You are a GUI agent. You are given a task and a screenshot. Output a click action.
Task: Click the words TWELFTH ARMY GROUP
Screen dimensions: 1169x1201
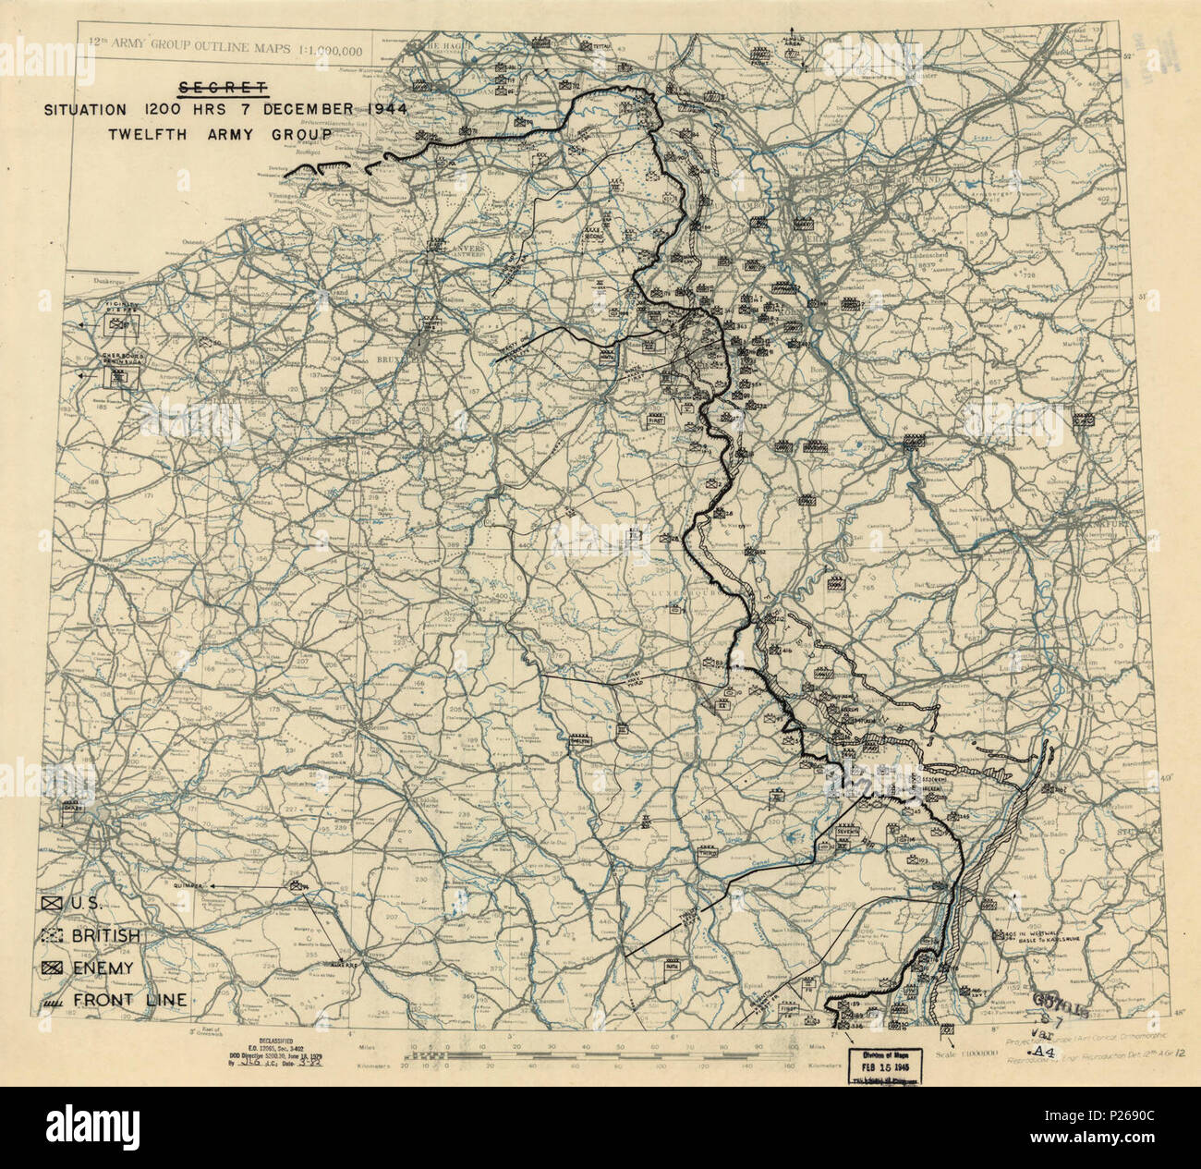point(219,133)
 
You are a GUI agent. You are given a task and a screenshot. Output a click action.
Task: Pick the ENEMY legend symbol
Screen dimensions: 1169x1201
point(52,968)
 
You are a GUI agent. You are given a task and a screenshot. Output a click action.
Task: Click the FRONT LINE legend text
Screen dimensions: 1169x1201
point(130,1000)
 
